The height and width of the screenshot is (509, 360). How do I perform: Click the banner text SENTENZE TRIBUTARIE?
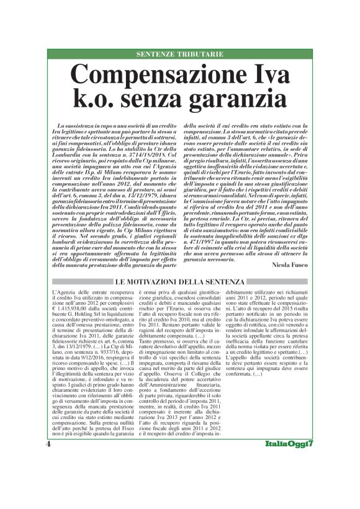179,55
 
